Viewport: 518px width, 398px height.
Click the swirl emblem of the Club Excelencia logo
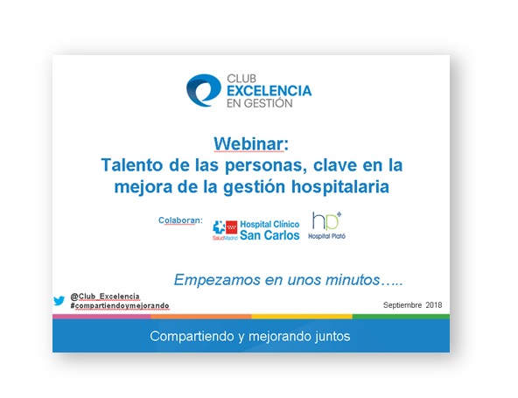[203, 90]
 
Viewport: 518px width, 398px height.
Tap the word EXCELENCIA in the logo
[269, 91]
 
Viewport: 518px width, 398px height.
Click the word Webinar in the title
[248, 144]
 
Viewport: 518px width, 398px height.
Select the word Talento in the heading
[132, 164]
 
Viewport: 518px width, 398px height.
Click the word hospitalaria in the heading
[339, 187]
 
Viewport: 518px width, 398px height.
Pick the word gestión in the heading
[254, 187]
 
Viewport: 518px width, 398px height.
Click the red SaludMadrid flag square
[232, 227]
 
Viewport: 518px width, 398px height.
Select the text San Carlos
[269, 235]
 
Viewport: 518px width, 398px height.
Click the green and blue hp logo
[326, 221]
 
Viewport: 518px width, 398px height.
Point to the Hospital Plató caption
[326, 236]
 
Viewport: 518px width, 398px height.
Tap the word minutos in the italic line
[353, 280]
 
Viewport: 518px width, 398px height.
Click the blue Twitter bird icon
[59, 301]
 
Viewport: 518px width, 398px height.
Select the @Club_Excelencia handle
[105, 297]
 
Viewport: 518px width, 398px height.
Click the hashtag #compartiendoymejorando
[120, 306]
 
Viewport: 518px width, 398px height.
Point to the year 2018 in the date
[434, 305]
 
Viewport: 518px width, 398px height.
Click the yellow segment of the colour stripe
[302, 317]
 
